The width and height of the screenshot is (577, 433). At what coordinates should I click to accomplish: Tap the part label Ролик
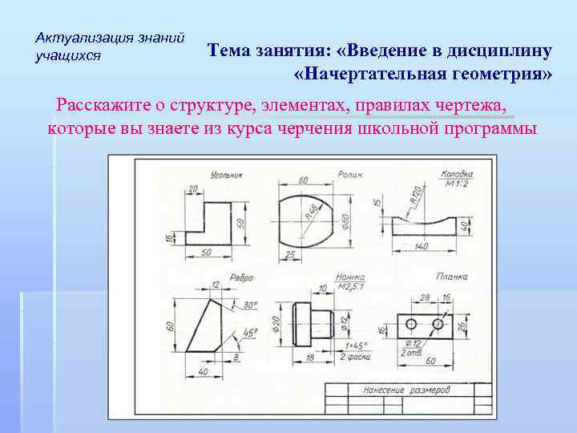pyautogui.click(x=350, y=173)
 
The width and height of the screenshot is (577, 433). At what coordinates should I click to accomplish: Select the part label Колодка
pyautogui.click(x=456, y=174)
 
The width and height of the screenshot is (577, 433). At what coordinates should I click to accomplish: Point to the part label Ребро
pyautogui.click(x=241, y=277)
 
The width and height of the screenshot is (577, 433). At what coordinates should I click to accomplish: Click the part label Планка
pyautogui.click(x=451, y=277)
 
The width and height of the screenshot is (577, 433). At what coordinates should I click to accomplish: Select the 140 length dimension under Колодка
pyautogui.click(x=422, y=245)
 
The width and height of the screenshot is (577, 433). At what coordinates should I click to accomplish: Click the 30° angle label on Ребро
pyautogui.click(x=250, y=305)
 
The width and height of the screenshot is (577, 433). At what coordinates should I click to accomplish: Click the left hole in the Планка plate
pyautogui.click(x=411, y=324)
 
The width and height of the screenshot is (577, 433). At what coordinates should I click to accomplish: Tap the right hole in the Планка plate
pyautogui.click(x=438, y=324)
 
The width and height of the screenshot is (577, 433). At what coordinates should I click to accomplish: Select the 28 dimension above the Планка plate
pyautogui.click(x=425, y=297)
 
